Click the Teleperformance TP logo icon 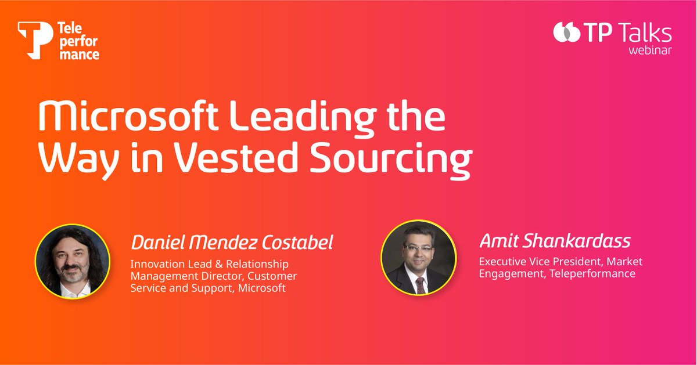click(x=35, y=39)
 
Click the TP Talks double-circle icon click(x=566, y=33)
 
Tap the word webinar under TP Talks click(x=650, y=50)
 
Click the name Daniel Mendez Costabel click(x=232, y=243)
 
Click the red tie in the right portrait click(x=419, y=284)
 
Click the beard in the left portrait click(x=71, y=276)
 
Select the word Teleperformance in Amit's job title click(x=585, y=273)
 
